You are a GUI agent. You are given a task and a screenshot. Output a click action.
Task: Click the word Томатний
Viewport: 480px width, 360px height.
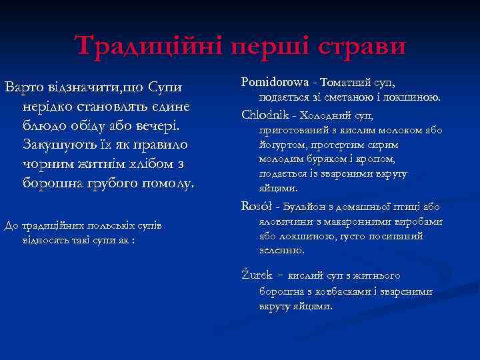point(347,83)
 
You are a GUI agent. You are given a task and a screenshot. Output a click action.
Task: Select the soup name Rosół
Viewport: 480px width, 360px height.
point(257,207)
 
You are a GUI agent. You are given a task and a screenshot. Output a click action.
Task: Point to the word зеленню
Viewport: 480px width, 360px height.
point(282,250)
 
